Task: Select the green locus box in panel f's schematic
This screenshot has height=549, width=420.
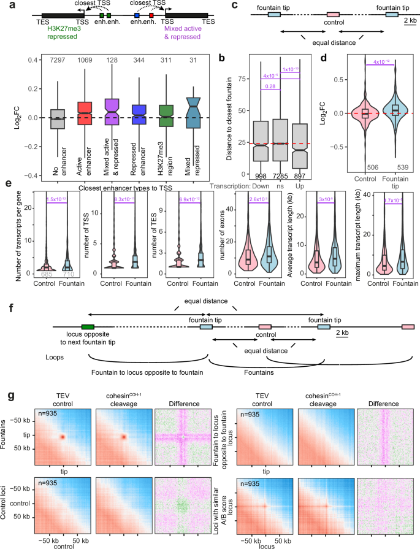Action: point(87,328)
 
